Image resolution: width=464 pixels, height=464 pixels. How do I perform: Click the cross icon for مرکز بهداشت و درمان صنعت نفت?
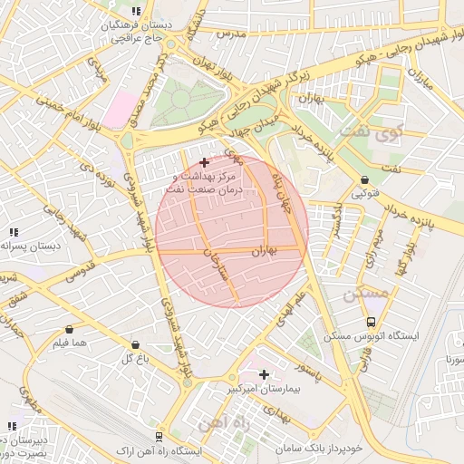coord(203,161)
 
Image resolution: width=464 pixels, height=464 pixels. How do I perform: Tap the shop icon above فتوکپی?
coord(364,179)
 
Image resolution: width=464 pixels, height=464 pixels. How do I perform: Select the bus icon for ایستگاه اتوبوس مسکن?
coord(371,322)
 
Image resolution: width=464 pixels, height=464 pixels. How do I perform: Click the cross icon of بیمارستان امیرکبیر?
coord(264,373)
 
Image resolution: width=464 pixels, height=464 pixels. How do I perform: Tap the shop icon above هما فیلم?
coord(70,330)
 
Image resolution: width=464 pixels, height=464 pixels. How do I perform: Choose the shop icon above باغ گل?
coord(135,344)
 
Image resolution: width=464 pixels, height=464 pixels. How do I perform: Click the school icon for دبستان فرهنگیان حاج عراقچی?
coord(136,11)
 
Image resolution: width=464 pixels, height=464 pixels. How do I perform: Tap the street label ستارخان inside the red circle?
coord(217,272)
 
